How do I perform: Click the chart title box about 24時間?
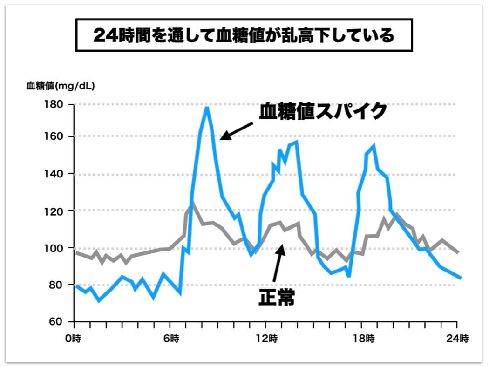tap(244, 35)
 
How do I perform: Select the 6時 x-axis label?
tap(171, 339)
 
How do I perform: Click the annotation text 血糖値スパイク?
tap(323, 112)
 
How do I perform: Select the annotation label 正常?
tap(276, 298)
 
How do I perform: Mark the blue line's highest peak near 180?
tap(206, 108)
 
